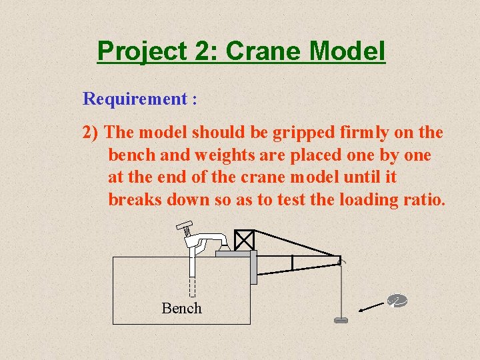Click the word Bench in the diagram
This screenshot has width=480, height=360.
pyautogui.click(x=181, y=308)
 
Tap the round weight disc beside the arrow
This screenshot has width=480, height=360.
pyautogui.click(x=397, y=301)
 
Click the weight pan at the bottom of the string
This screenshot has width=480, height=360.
pyautogui.click(x=341, y=321)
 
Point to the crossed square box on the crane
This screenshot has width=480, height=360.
pyautogui.click(x=245, y=240)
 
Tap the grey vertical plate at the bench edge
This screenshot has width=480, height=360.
pyautogui.click(x=253, y=267)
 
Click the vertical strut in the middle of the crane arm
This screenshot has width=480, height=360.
pyautogui.click(x=292, y=263)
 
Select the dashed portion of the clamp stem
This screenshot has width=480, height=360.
pyautogui.click(x=192, y=287)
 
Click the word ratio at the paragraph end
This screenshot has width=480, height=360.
pyautogui.click(x=423, y=199)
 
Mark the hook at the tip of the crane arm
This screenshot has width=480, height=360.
pyautogui.click(x=340, y=261)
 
